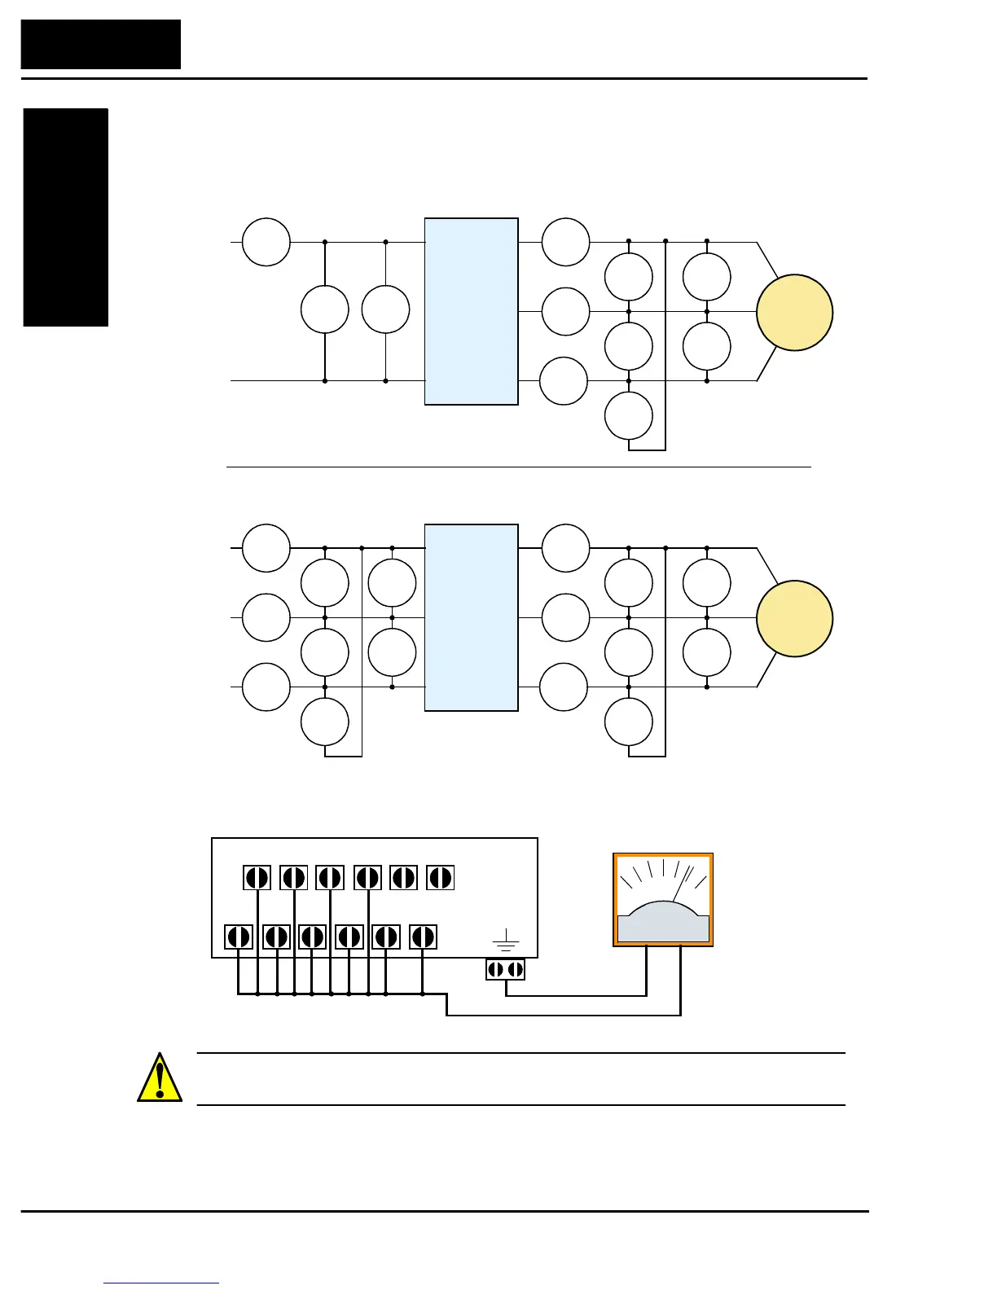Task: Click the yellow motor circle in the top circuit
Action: click(x=794, y=313)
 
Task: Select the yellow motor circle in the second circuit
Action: click(x=794, y=619)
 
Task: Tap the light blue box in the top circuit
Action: click(x=471, y=311)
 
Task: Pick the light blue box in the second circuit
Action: click(x=471, y=617)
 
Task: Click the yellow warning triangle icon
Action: click(x=160, y=1079)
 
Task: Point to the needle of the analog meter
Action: click(x=682, y=885)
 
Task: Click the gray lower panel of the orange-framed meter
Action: click(x=663, y=928)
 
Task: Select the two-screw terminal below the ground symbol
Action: click(x=505, y=970)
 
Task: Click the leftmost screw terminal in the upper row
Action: click(x=257, y=878)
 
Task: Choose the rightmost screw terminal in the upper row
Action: click(x=440, y=878)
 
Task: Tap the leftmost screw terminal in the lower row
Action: click(x=239, y=937)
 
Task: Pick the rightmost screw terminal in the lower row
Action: click(x=422, y=937)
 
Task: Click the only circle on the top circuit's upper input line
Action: click(x=266, y=242)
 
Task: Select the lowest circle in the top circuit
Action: click(x=629, y=415)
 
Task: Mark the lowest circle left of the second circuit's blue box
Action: click(x=325, y=722)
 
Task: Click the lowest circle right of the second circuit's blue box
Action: click(x=629, y=722)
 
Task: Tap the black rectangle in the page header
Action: click(x=101, y=45)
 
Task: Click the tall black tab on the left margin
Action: click(x=66, y=217)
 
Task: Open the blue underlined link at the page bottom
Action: click(x=161, y=1283)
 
